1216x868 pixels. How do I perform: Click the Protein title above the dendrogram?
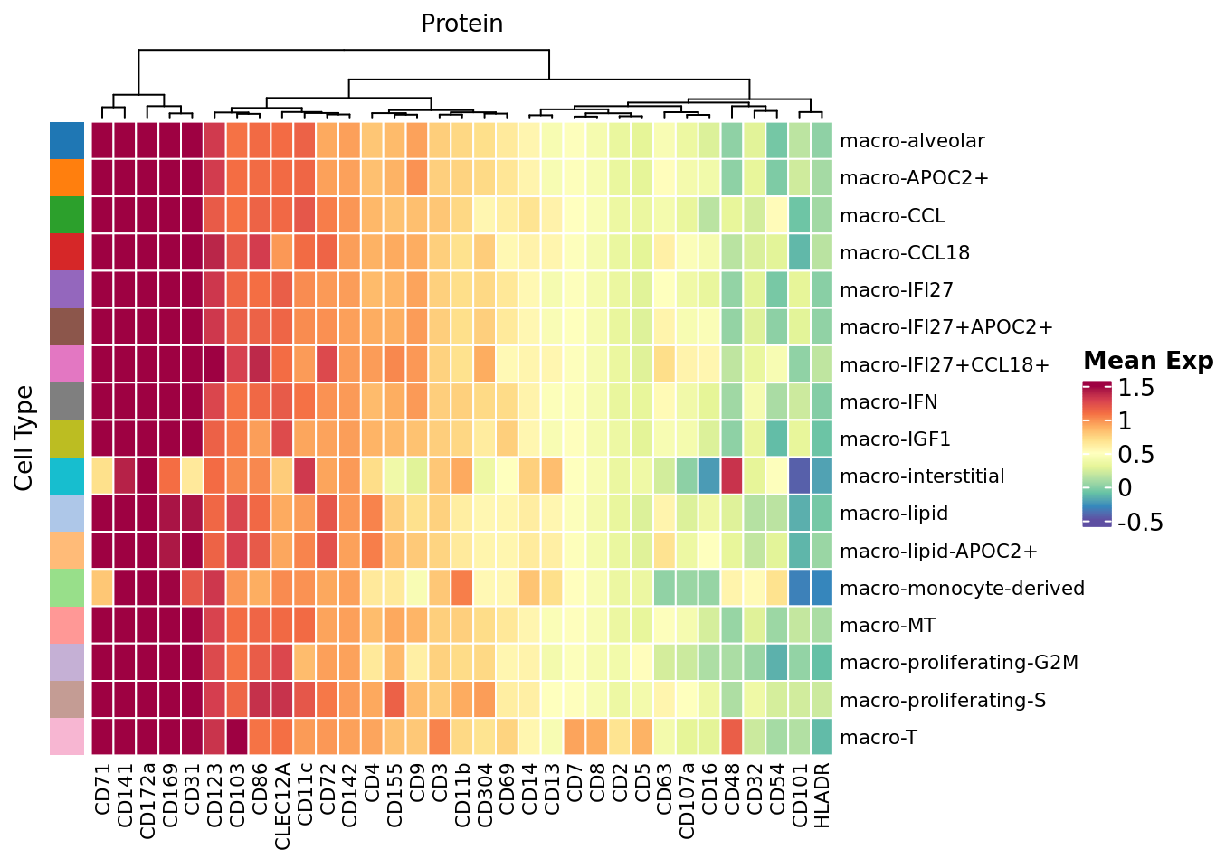coord(461,24)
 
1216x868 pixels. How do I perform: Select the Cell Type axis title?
coord(24,439)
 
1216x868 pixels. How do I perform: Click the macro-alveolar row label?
coord(899,141)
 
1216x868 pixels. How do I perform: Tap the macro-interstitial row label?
coord(922,476)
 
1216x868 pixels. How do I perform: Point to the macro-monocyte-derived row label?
coord(962,589)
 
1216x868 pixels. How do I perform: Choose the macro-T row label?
coord(878,738)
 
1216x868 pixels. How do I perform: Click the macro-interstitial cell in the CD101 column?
coord(799,476)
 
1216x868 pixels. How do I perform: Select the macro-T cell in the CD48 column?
coord(732,738)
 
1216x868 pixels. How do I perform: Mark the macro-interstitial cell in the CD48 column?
coord(732,476)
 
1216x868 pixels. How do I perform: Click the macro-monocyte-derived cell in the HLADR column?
coord(822,589)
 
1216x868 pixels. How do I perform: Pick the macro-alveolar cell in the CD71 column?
coord(102,141)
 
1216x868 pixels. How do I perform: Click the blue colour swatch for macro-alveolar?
coord(67,141)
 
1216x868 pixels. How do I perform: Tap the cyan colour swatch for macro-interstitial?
coord(67,476)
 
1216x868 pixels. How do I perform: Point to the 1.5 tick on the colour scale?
coord(1136,388)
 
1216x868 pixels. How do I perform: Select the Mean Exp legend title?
coord(1147,361)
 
